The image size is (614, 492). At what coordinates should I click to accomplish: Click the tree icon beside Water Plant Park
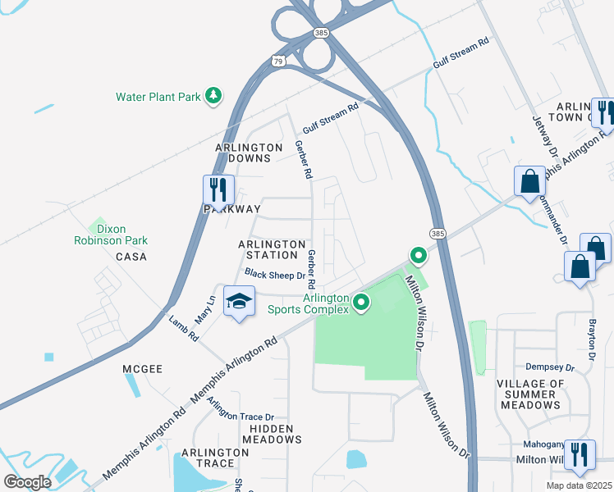pos(213,96)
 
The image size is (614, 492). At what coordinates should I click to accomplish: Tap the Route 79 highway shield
pos(279,60)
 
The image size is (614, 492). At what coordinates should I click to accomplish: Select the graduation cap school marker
pos(238,303)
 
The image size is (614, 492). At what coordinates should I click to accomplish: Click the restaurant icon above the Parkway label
pos(218,189)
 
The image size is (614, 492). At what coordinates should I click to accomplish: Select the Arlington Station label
pos(272,251)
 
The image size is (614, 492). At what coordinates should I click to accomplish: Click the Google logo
pos(27,481)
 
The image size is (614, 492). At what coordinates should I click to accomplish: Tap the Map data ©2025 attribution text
pos(579,485)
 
